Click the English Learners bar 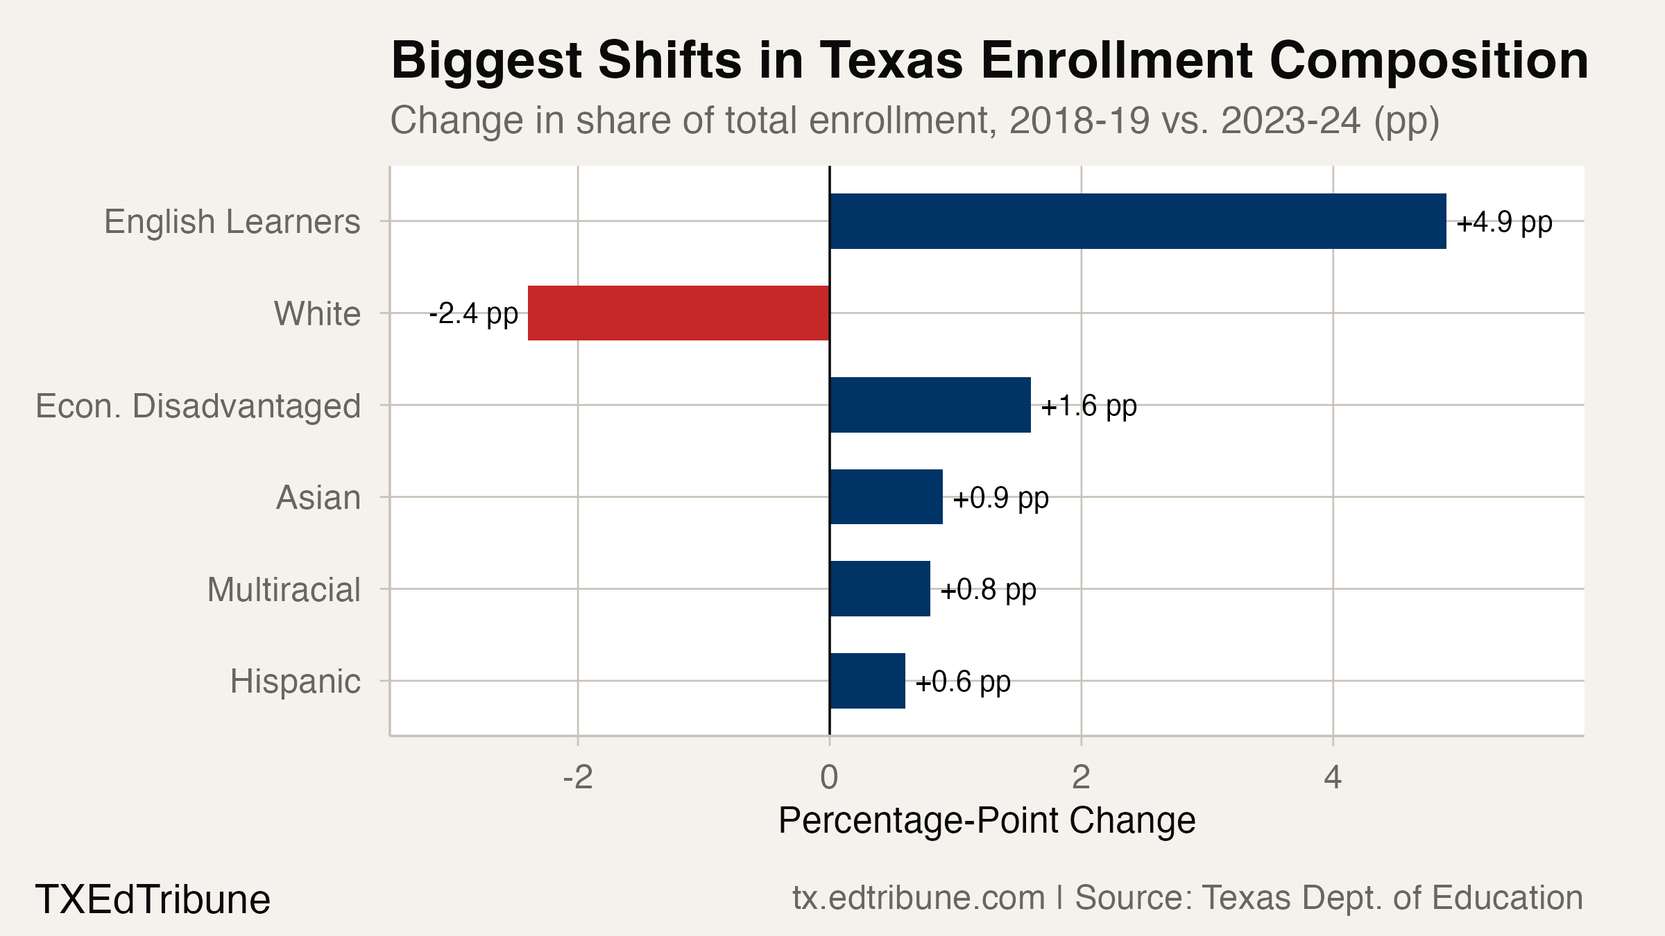click(x=1138, y=221)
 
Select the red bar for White click(x=678, y=313)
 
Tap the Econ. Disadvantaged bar click(x=930, y=405)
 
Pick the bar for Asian click(x=886, y=496)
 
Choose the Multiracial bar click(x=880, y=589)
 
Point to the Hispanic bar click(x=867, y=681)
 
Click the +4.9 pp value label click(x=1504, y=223)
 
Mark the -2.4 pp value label click(x=473, y=314)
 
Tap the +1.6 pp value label click(x=1088, y=406)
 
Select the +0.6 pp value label click(x=963, y=682)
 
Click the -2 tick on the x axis click(x=578, y=778)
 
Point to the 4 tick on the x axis click(x=1332, y=778)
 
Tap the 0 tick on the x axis click(x=829, y=778)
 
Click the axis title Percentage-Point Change click(x=987, y=821)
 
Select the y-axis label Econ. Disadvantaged click(x=198, y=406)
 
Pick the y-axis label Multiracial click(x=284, y=590)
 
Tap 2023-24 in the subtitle click(x=1290, y=121)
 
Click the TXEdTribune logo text click(x=153, y=899)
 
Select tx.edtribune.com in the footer click(x=919, y=898)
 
